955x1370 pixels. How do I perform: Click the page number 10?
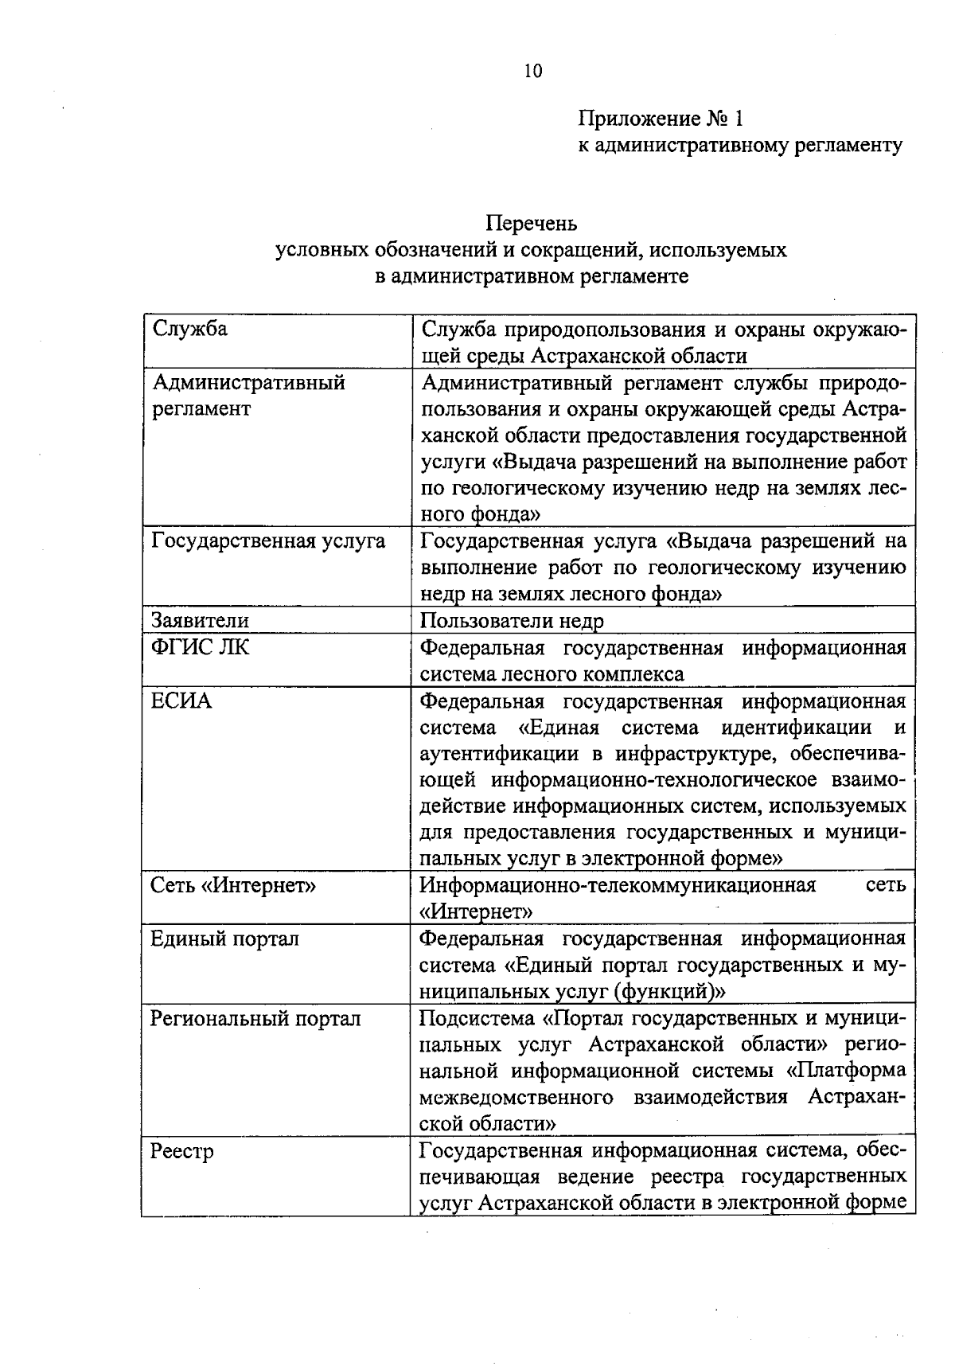[x=532, y=72]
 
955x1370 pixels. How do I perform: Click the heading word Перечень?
[x=532, y=224]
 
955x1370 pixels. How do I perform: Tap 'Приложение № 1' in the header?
[x=660, y=119]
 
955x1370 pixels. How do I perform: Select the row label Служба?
[x=189, y=329]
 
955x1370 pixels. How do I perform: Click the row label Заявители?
[x=200, y=620]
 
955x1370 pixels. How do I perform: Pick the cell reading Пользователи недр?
[x=512, y=620]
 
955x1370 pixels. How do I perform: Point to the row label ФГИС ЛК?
[x=200, y=647]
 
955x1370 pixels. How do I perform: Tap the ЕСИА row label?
[x=181, y=701]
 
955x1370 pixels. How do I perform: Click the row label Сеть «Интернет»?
[x=233, y=885]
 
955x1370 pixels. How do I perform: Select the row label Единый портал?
[x=224, y=939]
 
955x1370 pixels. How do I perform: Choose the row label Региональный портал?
[x=255, y=1018]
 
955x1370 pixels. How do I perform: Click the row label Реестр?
[x=182, y=1151]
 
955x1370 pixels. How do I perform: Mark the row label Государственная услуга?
[x=268, y=541]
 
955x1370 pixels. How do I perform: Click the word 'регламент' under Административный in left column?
[x=201, y=408]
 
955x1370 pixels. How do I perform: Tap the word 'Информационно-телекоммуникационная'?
[x=618, y=885]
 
